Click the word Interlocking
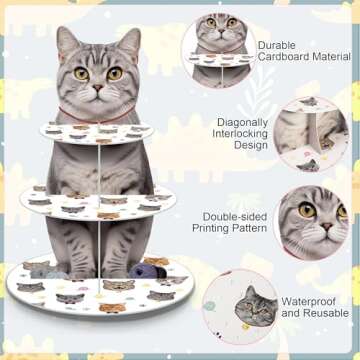click(242, 135)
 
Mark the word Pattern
click(254, 228)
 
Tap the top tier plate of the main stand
click(105, 132)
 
